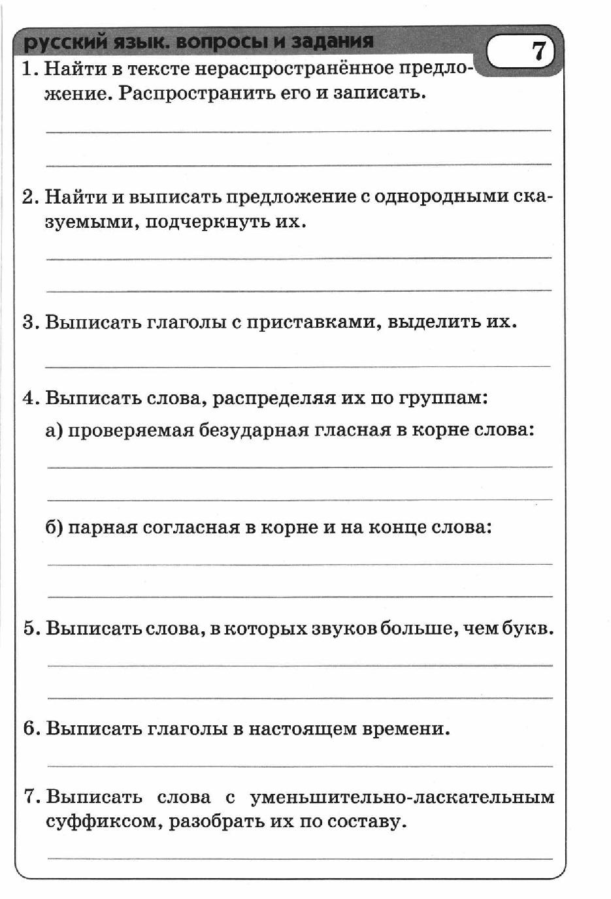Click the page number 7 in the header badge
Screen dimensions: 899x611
click(x=538, y=50)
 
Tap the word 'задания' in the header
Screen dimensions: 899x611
click(x=333, y=41)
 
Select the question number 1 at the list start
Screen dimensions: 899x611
click(x=27, y=69)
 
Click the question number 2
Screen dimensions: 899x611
click(x=27, y=197)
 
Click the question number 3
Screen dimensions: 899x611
click(x=28, y=322)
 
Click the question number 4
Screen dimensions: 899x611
click(x=28, y=398)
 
